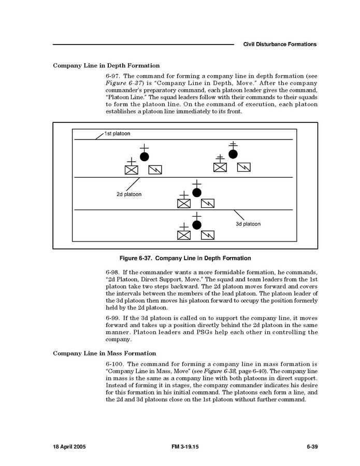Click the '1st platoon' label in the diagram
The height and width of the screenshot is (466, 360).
coord(117,134)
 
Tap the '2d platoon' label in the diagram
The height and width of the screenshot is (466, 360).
coord(129,194)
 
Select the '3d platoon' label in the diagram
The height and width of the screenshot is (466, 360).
coord(248,224)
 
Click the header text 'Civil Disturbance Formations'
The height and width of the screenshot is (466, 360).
coord(280,45)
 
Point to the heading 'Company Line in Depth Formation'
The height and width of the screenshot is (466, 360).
coord(106,66)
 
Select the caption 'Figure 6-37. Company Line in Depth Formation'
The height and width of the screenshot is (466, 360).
coord(185,258)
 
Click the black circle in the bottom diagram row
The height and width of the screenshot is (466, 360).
coord(196,225)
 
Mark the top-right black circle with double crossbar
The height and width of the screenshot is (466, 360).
coord(233,154)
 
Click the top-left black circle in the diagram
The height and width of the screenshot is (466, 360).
coord(145,156)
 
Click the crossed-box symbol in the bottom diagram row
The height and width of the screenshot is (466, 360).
coord(184,235)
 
